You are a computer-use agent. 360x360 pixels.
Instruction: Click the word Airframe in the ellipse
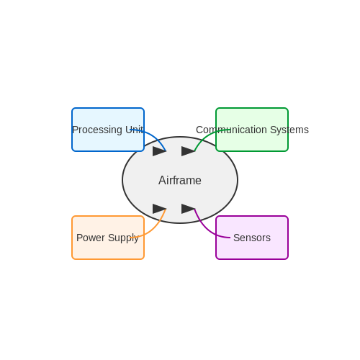pos(180,180)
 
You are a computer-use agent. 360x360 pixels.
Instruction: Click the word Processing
pos(97,130)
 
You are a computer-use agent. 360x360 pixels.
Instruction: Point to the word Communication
pos(231,130)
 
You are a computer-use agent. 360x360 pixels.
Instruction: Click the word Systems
pos(289,130)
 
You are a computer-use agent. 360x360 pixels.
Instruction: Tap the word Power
pos(91,238)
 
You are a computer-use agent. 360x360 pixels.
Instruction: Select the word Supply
pos(123,238)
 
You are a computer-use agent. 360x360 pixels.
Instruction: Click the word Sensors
pos(252,238)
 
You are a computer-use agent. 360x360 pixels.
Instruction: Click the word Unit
pos(135,130)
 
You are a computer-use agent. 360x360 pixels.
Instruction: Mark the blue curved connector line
pos(153,135)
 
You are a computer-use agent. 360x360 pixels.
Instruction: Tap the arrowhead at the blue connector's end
pos(159,151)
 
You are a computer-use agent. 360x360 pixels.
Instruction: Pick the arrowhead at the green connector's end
pos(188,151)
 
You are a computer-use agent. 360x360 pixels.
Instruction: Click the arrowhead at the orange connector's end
pos(159,209)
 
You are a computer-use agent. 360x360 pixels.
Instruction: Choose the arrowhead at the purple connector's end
pos(188,209)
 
